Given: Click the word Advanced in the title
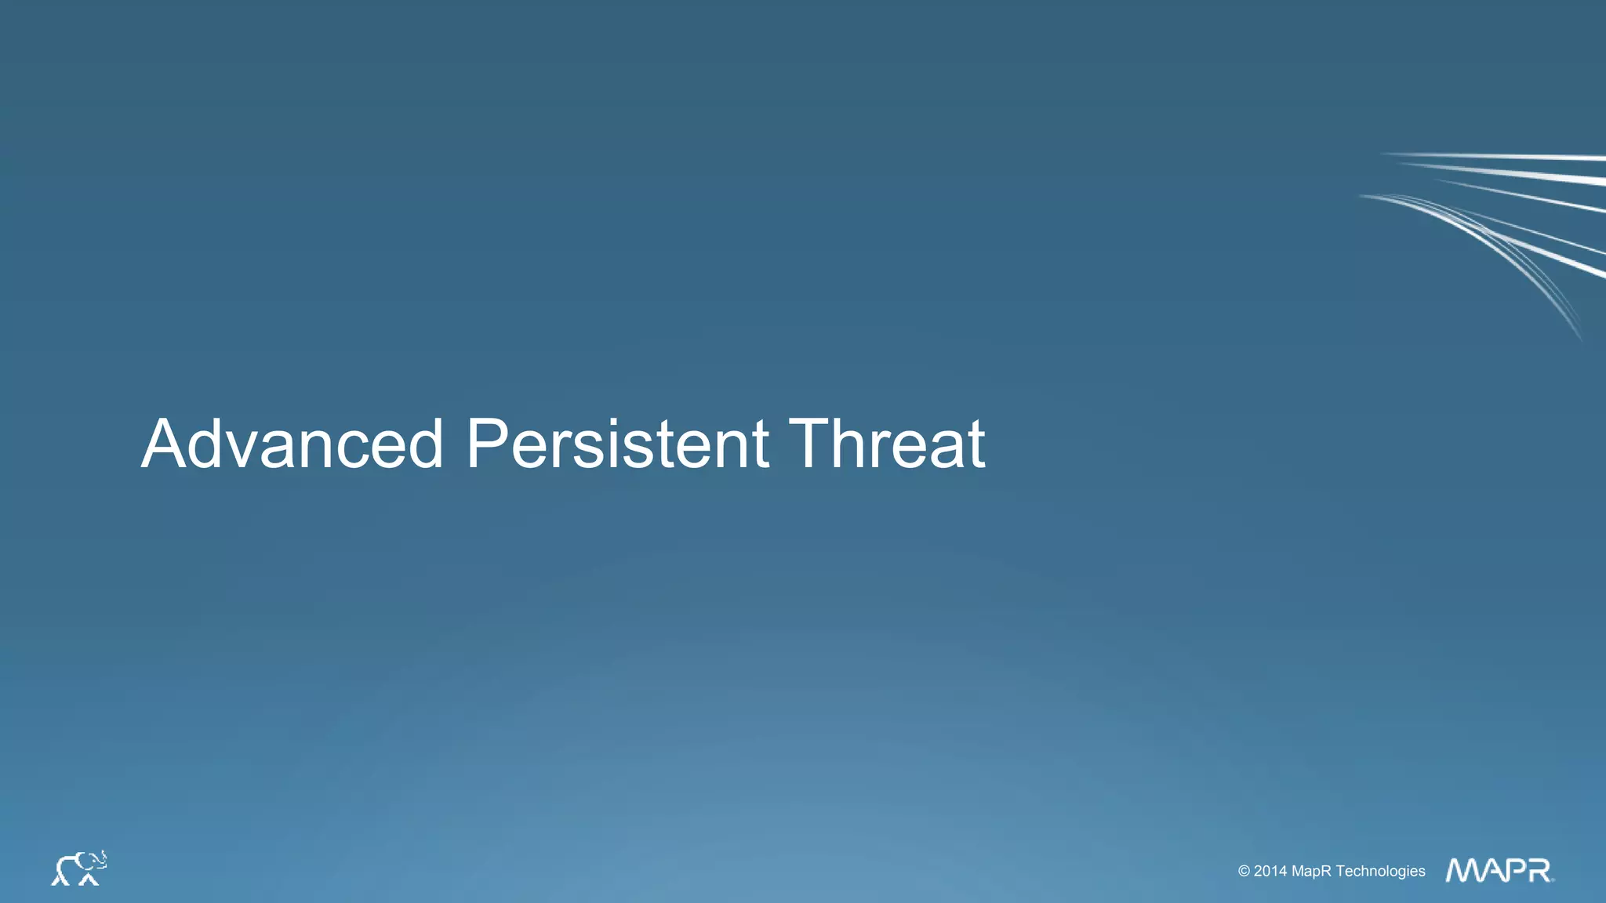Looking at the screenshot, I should click(292, 444).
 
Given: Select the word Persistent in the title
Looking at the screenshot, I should click(617, 444).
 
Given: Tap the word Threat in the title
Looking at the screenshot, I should click(886, 444).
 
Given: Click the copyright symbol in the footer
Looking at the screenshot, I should click(1244, 871).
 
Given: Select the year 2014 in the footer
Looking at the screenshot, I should click(1270, 871).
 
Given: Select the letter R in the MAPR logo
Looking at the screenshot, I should click(1539, 870).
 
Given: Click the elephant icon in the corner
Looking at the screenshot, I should click(78, 869).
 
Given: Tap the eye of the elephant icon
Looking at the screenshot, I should click(93, 861).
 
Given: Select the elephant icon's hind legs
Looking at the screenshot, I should click(60, 879).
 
